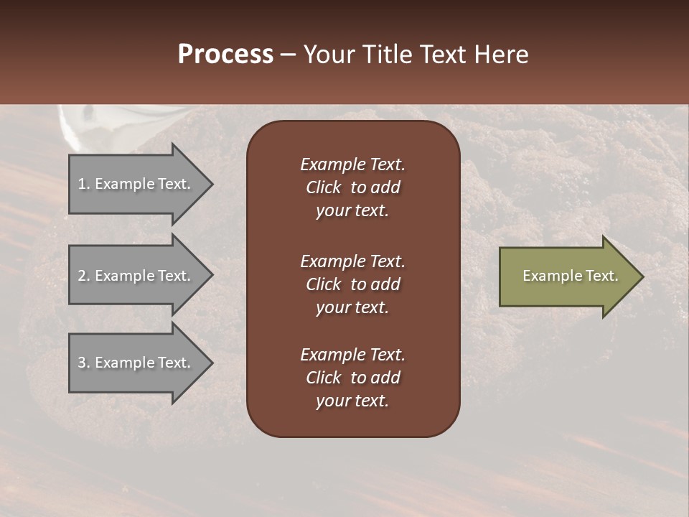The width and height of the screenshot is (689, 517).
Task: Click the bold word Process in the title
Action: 225,55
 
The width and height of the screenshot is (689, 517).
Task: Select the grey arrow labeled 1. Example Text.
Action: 136,184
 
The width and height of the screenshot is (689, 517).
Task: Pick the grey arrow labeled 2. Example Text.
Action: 136,276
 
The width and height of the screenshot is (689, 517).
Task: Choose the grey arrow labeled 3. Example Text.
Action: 136,363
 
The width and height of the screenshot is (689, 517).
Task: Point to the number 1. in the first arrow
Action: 83,184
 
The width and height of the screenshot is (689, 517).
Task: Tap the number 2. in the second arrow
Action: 83,276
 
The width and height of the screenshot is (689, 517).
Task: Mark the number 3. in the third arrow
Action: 83,363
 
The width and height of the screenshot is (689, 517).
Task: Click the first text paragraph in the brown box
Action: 352,187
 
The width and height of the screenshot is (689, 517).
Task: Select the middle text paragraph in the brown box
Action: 352,284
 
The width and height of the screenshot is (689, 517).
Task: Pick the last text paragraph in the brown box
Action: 352,378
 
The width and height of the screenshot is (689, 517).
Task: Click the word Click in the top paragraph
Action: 323,187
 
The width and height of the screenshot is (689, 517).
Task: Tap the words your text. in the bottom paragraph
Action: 352,401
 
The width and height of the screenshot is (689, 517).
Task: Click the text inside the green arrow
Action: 570,276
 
